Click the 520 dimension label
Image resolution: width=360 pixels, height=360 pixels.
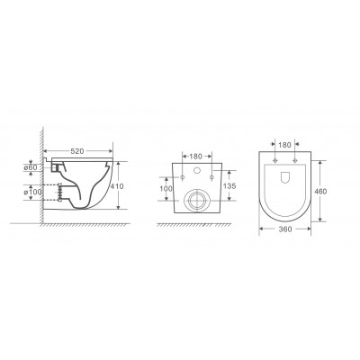77,151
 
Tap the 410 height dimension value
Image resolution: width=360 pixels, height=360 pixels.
117,186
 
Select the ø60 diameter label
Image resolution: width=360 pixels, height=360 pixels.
31,167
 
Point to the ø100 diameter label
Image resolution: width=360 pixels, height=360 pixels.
32,192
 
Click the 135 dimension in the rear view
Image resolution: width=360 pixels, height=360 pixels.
229,186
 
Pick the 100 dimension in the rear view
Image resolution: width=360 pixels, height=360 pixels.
166,189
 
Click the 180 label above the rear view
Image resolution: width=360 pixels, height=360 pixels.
196,157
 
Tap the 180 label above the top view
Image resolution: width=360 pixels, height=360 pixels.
284,145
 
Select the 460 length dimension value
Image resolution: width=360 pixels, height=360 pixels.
320,191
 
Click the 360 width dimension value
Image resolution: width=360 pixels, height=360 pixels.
285,229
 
